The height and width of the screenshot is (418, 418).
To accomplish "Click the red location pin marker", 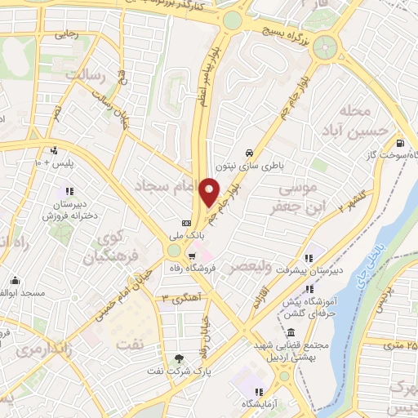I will [210, 190].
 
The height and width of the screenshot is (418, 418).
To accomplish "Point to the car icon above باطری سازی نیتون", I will [247, 152].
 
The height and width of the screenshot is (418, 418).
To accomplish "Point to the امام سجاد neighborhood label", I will [171, 187].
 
